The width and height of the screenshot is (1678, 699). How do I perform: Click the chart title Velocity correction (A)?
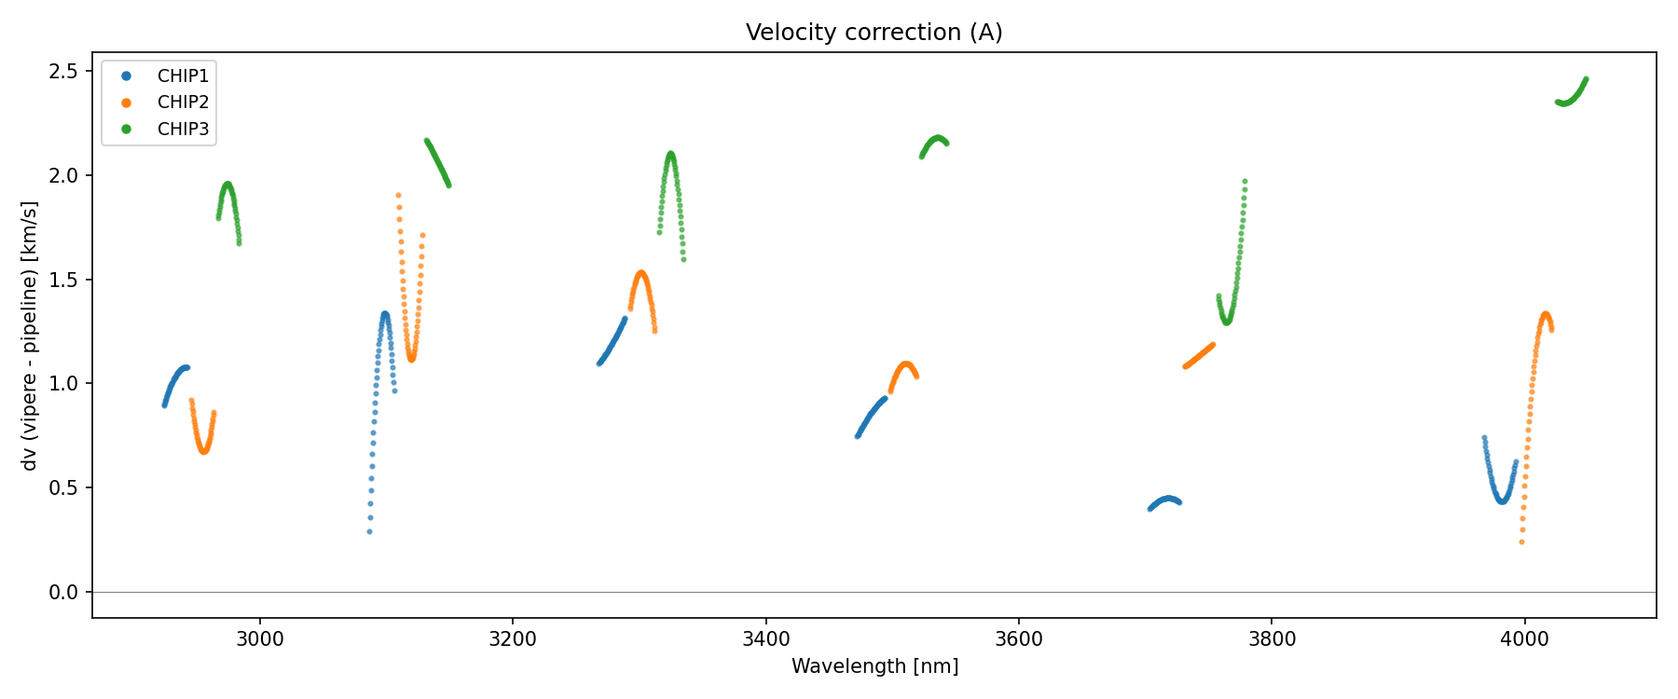pos(873,33)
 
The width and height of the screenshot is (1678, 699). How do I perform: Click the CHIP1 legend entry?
pos(183,76)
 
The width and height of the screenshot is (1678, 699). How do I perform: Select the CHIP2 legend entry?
pos(183,103)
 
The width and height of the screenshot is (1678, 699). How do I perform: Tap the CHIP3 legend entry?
pos(183,130)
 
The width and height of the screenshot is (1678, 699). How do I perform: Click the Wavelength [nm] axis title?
pos(874,666)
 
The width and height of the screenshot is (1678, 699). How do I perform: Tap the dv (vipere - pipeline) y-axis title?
pos(30,336)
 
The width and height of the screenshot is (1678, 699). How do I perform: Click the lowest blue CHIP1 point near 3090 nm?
pos(369,532)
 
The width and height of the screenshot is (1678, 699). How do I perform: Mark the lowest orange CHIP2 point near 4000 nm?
pos(1521,542)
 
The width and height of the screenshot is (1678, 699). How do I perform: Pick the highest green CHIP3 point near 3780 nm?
pos(1245,182)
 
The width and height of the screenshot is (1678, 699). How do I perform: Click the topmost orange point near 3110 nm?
pos(398,196)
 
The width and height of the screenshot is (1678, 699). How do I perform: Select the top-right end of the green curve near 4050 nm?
pos(1586,80)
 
